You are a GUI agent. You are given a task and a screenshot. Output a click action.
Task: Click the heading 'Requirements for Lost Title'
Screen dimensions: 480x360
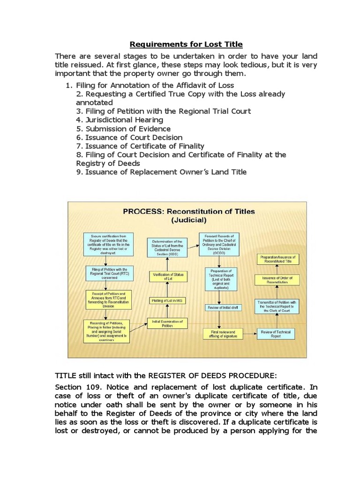[x=186, y=45]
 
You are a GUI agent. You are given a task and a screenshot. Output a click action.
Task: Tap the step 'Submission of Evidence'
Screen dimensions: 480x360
[x=123, y=128]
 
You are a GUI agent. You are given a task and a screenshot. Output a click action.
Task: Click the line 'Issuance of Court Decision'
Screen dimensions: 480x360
[x=129, y=137]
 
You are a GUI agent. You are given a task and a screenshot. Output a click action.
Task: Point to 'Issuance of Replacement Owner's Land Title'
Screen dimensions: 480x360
[x=161, y=172]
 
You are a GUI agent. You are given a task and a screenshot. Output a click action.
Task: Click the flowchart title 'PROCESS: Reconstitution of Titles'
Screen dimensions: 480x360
[x=189, y=211]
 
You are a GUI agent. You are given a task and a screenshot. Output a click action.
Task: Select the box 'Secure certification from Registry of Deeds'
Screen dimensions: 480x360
[x=107, y=244]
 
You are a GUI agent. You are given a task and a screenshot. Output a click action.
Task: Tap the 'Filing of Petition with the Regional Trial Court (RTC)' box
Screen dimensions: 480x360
[x=107, y=273]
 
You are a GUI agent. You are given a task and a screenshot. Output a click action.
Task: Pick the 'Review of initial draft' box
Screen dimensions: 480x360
[x=223, y=307]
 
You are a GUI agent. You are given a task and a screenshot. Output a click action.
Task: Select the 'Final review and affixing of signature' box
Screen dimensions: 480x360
[x=223, y=334]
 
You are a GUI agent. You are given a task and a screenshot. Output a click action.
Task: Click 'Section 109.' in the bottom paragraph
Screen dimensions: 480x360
[x=77, y=388]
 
